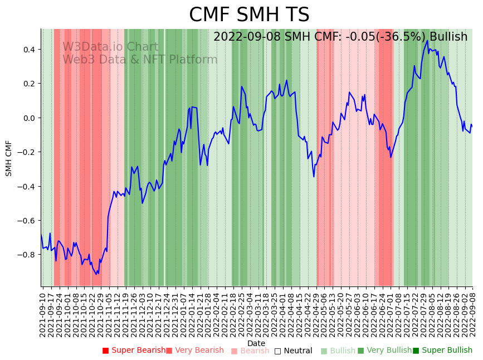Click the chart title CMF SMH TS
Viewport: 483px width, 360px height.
249,15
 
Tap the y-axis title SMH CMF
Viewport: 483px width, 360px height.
9,158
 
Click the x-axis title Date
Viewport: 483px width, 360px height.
256,343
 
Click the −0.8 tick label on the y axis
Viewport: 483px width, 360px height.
26,255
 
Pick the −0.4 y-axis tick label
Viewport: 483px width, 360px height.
26,187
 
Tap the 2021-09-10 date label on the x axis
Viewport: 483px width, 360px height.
42,313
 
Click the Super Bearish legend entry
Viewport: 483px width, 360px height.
134,351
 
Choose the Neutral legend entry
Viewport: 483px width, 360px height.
293,351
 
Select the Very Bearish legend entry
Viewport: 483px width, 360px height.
194,351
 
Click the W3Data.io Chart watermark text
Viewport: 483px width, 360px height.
110,47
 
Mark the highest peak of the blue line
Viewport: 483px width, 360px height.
427,40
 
